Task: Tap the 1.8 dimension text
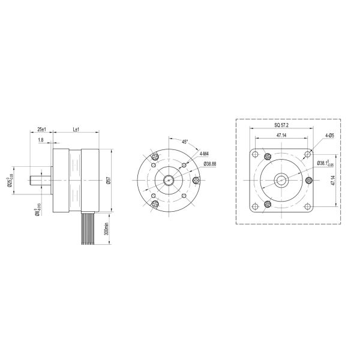click(x=40, y=140)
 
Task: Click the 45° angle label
click(x=185, y=142)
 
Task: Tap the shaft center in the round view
click(x=168, y=179)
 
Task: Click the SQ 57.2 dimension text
click(x=281, y=126)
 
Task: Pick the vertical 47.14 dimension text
click(x=334, y=179)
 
